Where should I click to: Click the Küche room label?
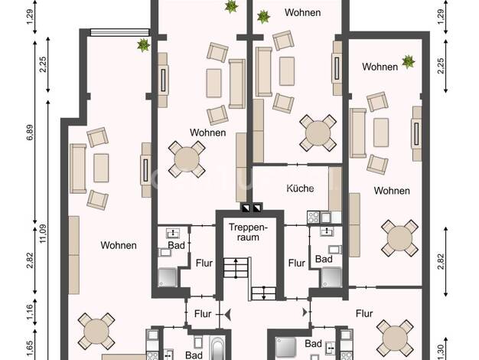coord(300,188)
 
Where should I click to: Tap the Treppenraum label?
coord(248,232)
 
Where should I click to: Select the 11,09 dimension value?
coord(43,234)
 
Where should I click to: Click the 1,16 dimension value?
coord(30,312)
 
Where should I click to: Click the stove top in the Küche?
coord(314,218)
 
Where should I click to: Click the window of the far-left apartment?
coord(120,32)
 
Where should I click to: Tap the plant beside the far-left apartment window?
coord(143,44)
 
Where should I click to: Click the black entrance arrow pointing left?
coord(227,314)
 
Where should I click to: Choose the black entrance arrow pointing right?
coord(305,313)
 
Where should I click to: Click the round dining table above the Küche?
coord(318,133)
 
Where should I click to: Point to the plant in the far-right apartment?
coord(408,62)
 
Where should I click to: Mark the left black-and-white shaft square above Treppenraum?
coord(246,208)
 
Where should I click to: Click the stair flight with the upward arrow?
coord(236,267)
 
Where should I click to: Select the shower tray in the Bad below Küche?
coord(331,277)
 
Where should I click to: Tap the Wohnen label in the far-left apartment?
coord(119,245)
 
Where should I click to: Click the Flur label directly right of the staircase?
coord(297,263)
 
